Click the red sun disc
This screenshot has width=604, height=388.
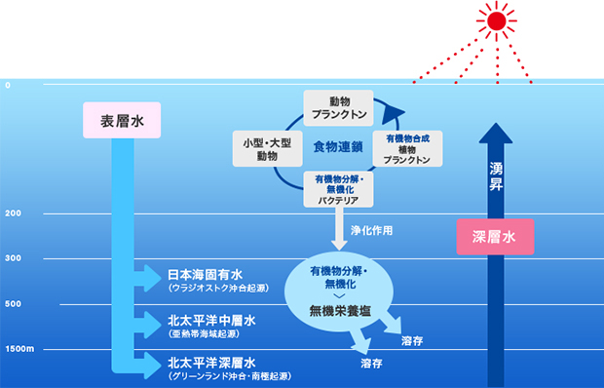(497, 20)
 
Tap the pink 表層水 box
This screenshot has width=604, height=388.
(122, 120)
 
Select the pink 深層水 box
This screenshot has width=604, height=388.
(495, 237)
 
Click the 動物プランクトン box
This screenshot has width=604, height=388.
(339, 108)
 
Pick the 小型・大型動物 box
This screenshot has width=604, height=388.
(267, 149)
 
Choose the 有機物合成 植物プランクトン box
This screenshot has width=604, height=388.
(407, 149)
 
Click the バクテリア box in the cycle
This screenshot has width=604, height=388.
(339, 189)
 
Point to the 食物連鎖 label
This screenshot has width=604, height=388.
(338, 147)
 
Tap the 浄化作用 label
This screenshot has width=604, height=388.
(372, 230)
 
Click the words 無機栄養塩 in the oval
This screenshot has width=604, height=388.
(340, 311)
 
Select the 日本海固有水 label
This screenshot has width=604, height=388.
(205, 275)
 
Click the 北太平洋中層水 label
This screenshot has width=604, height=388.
(211, 320)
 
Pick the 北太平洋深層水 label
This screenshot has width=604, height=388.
(211, 363)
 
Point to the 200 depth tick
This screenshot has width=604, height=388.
(13, 213)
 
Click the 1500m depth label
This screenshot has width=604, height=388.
(19, 349)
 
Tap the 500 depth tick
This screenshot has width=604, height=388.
(13, 303)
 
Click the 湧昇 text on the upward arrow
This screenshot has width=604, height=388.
(496, 176)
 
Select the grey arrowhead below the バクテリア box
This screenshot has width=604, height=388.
(339, 245)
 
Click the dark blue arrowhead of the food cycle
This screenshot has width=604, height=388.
(393, 114)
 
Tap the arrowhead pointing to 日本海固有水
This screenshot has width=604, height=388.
(152, 278)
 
